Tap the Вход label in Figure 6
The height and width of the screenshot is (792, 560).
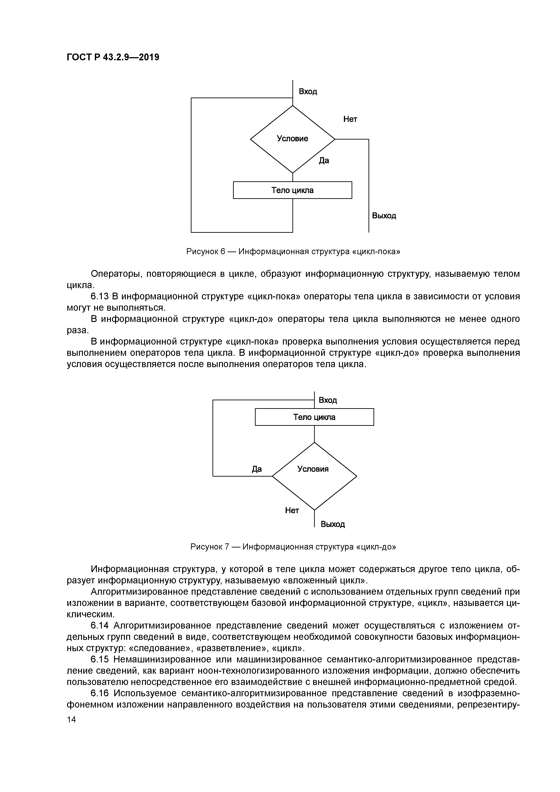click(308, 91)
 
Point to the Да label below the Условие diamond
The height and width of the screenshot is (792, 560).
click(324, 160)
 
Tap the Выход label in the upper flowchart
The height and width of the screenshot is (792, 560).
click(384, 216)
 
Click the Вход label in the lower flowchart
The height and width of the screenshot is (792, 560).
click(327, 400)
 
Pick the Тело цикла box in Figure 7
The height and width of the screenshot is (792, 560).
click(314, 417)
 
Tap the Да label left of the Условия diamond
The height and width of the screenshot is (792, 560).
click(257, 469)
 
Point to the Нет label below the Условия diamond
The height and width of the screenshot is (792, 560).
click(292, 510)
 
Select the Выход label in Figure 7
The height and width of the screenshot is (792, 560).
click(333, 524)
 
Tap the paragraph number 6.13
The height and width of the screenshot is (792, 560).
click(100, 296)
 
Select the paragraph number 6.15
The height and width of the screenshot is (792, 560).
click(100, 659)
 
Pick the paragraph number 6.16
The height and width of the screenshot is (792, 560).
click(100, 693)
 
